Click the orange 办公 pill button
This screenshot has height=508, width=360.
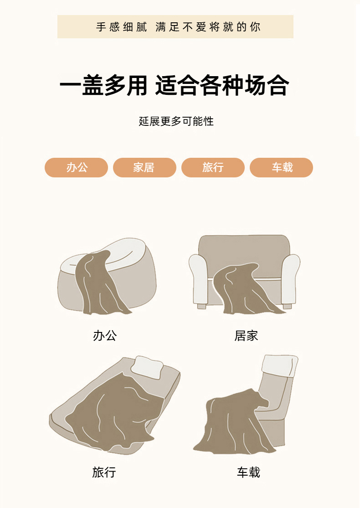tap(76, 167)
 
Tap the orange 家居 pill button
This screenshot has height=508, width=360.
tap(144, 167)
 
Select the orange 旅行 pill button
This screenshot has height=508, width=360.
tap(213, 167)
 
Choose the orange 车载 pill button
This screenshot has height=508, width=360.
tap(281, 167)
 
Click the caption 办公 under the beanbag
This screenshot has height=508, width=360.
tap(104, 336)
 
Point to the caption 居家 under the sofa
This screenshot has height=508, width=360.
tap(246, 336)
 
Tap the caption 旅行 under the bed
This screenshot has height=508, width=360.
tap(104, 472)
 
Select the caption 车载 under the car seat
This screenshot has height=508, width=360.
tap(248, 472)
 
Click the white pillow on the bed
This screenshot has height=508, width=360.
tap(147, 367)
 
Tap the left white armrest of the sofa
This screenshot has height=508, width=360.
tap(198, 278)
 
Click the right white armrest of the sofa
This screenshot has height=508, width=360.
tap(290, 279)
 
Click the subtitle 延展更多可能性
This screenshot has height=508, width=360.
tap(176, 121)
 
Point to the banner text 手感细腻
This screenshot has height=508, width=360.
tap(121, 27)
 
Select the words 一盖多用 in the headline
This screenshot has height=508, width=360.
tap(103, 85)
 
